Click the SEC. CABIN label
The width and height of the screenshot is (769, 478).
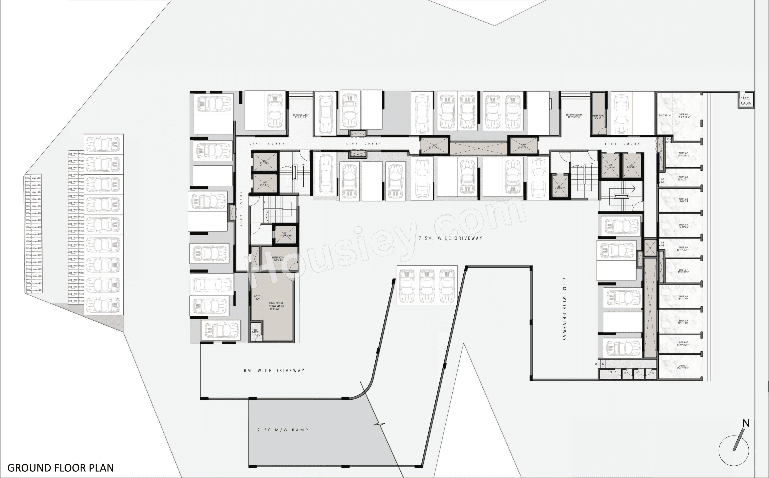[x=746, y=101]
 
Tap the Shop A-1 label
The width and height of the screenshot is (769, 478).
[x=683, y=116]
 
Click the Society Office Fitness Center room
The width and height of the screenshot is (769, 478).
[x=276, y=306]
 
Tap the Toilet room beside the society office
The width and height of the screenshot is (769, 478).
[x=255, y=332]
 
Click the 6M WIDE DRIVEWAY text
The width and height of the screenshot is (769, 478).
[x=274, y=370]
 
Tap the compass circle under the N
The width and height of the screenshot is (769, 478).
[x=734, y=451]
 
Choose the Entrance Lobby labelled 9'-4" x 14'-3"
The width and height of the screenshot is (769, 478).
[x=301, y=116]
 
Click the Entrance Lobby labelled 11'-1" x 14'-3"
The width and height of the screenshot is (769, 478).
[x=574, y=116]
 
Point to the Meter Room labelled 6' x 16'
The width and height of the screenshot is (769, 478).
[x=598, y=117]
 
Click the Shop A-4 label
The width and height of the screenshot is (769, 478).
[x=683, y=200]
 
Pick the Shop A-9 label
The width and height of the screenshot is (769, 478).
[x=683, y=322]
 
